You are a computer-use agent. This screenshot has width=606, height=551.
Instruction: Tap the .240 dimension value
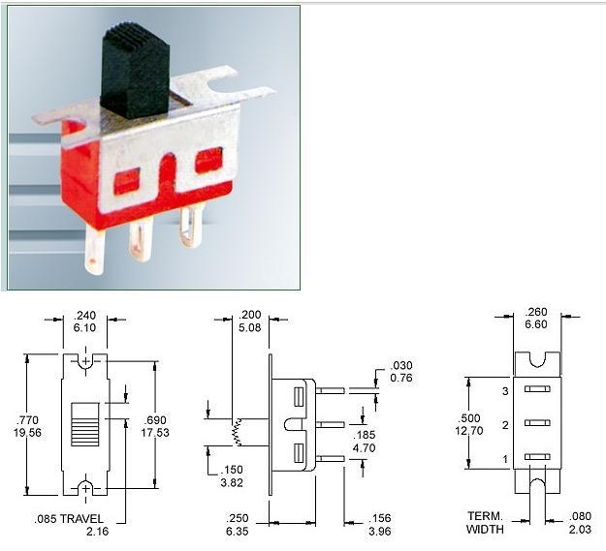coord(84,316)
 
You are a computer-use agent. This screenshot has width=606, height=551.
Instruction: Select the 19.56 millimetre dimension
coord(27,433)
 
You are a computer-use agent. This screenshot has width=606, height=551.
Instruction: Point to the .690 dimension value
coord(154,420)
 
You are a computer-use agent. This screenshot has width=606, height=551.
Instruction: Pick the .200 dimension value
coord(250,315)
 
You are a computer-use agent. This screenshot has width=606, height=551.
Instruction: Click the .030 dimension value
coord(401,365)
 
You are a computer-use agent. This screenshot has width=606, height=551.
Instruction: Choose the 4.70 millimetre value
coord(364,448)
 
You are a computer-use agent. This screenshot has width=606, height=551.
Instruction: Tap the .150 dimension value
coord(232,470)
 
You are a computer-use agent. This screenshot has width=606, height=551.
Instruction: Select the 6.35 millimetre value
coord(237,532)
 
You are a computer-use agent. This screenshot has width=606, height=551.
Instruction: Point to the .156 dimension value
coord(379,518)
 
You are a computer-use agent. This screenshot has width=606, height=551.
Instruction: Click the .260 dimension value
coord(536,312)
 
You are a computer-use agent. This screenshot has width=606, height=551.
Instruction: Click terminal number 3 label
coord(505,391)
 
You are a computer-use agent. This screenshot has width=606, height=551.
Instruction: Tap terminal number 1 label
coord(505,459)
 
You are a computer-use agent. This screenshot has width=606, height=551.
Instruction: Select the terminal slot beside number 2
coord(537,423)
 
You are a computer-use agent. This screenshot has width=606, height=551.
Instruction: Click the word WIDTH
coord(485,529)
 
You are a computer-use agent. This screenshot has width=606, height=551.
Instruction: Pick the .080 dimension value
coord(580,516)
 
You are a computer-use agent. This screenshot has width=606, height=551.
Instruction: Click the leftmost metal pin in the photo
coord(95,250)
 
